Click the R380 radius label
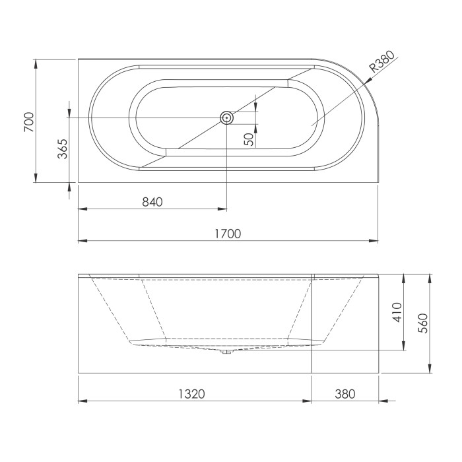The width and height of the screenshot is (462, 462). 382,61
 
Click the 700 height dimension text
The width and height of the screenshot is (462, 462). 29,121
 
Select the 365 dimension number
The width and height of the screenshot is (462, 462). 63,148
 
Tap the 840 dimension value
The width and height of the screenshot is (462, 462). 152,202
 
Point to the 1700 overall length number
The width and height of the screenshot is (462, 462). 228,234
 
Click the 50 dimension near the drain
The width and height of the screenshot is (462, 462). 249,139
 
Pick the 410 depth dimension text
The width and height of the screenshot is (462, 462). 397,312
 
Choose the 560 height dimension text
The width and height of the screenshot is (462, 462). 423,323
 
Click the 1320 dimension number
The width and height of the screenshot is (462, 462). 192,394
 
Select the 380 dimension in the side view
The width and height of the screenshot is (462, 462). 345,394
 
